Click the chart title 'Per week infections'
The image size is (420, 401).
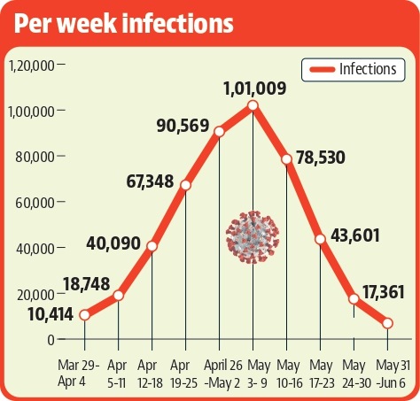pos(124,24)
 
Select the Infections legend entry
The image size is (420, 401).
pos(354,70)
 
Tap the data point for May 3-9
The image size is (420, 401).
pos(253,105)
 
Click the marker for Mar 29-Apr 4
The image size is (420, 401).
pos(85,315)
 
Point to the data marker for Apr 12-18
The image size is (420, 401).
pos(152,246)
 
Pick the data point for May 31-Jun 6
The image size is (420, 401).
pos(387,323)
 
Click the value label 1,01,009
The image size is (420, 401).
pos(255,89)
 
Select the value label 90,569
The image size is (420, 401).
pos(183,126)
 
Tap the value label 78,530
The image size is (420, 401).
pos(321,158)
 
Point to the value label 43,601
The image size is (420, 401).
pos(355,235)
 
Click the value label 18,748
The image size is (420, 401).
pos(86,284)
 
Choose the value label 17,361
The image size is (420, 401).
pos(384,292)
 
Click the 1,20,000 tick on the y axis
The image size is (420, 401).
pos(32,66)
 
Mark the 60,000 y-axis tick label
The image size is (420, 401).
pos(35,203)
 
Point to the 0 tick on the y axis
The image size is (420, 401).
pos(51,340)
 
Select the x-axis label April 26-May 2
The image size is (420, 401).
pos(223,374)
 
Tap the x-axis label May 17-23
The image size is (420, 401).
pos(322,374)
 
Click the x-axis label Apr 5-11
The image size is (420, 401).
pos(117,374)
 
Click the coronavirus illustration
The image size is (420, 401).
pos(253,237)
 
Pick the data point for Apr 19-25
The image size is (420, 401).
pos(185,185)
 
